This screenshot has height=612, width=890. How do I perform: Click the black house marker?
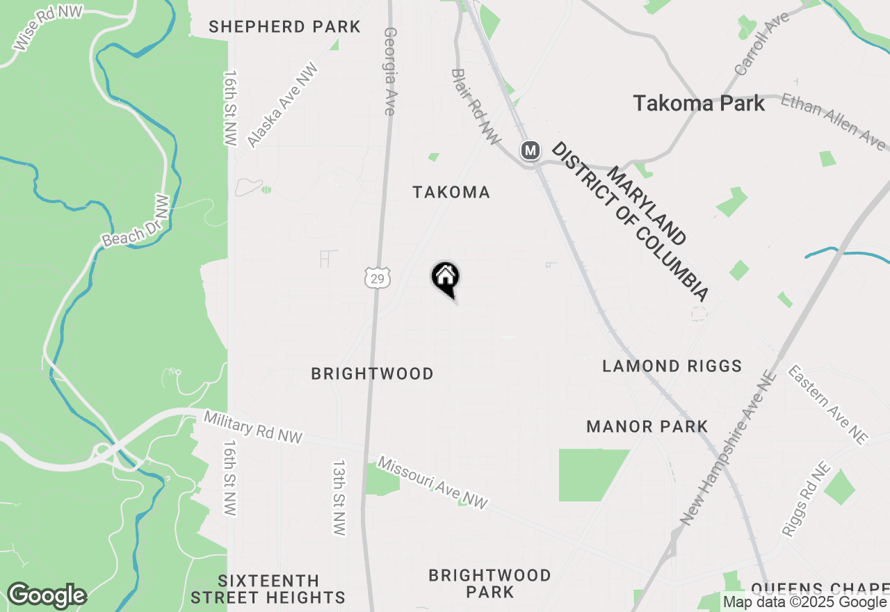[446, 277]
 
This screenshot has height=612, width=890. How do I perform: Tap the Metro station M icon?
[531, 150]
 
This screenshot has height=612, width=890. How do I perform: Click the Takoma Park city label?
[699, 104]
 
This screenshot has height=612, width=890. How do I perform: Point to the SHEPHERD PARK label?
[284, 27]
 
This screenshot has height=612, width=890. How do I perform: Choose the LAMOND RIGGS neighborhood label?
[672, 366]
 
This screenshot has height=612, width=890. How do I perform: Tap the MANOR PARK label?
[647, 426]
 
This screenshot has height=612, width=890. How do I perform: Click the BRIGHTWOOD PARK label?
[489, 583]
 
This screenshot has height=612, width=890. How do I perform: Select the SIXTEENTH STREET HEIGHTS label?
[268, 589]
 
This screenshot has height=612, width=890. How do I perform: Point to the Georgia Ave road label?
[390, 71]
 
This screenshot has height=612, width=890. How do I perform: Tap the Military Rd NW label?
[253, 427]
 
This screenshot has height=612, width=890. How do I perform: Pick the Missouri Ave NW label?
[432, 483]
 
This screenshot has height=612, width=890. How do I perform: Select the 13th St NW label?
[339, 497]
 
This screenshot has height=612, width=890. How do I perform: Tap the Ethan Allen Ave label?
[834, 122]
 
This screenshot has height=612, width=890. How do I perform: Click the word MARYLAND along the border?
[647, 206]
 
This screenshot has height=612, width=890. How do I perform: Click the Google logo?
[47, 596]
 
